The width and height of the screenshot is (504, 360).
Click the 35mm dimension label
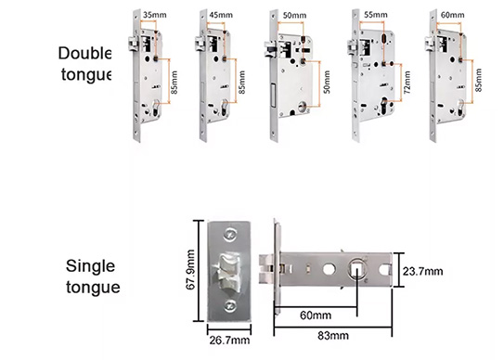tap(154, 16)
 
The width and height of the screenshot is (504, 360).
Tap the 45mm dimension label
tap(222, 16)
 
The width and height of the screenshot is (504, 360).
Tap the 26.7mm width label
tap(228, 341)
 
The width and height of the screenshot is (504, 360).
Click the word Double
tap(83, 52)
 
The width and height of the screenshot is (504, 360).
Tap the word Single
tap(91, 266)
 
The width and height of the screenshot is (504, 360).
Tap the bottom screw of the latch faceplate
tap(228, 308)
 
